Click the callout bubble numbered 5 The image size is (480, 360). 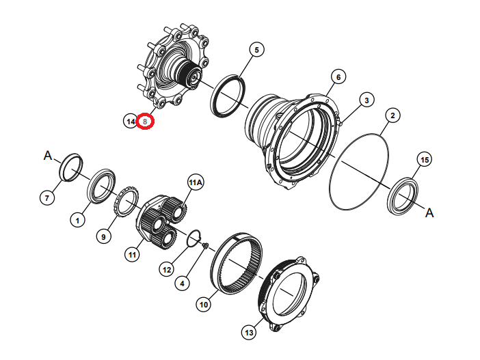click(x=256, y=50)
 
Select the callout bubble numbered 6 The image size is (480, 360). click(x=338, y=77)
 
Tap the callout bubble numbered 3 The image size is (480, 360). click(x=366, y=100)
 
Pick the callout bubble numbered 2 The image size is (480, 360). click(x=392, y=115)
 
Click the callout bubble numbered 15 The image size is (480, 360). click(x=425, y=160)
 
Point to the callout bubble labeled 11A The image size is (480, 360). click(x=196, y=182)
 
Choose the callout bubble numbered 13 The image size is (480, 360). click(x=249, y=332)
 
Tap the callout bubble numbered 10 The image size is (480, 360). click(x=204, y=305)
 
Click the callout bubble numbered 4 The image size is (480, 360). click(x=182, y=283)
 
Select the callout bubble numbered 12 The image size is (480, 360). click(x=167, y=270)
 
